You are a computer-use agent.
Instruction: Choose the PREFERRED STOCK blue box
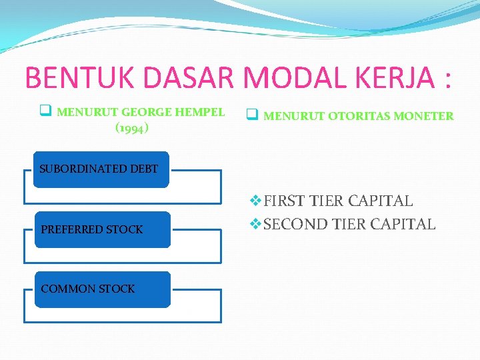pyautogui.click(x=102, y=229)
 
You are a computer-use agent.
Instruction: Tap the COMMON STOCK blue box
pyautogui.click(x=102, y=289)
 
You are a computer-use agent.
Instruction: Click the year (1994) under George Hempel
pyautogui.click(x=132, y=127)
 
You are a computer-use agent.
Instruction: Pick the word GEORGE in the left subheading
pyautogui.click(x=145, y=112)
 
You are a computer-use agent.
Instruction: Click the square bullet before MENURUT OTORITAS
pyautogui.click(x=252, y=115)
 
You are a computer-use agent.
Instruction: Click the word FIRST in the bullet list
pyautogui.click(x=283, y=201)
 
